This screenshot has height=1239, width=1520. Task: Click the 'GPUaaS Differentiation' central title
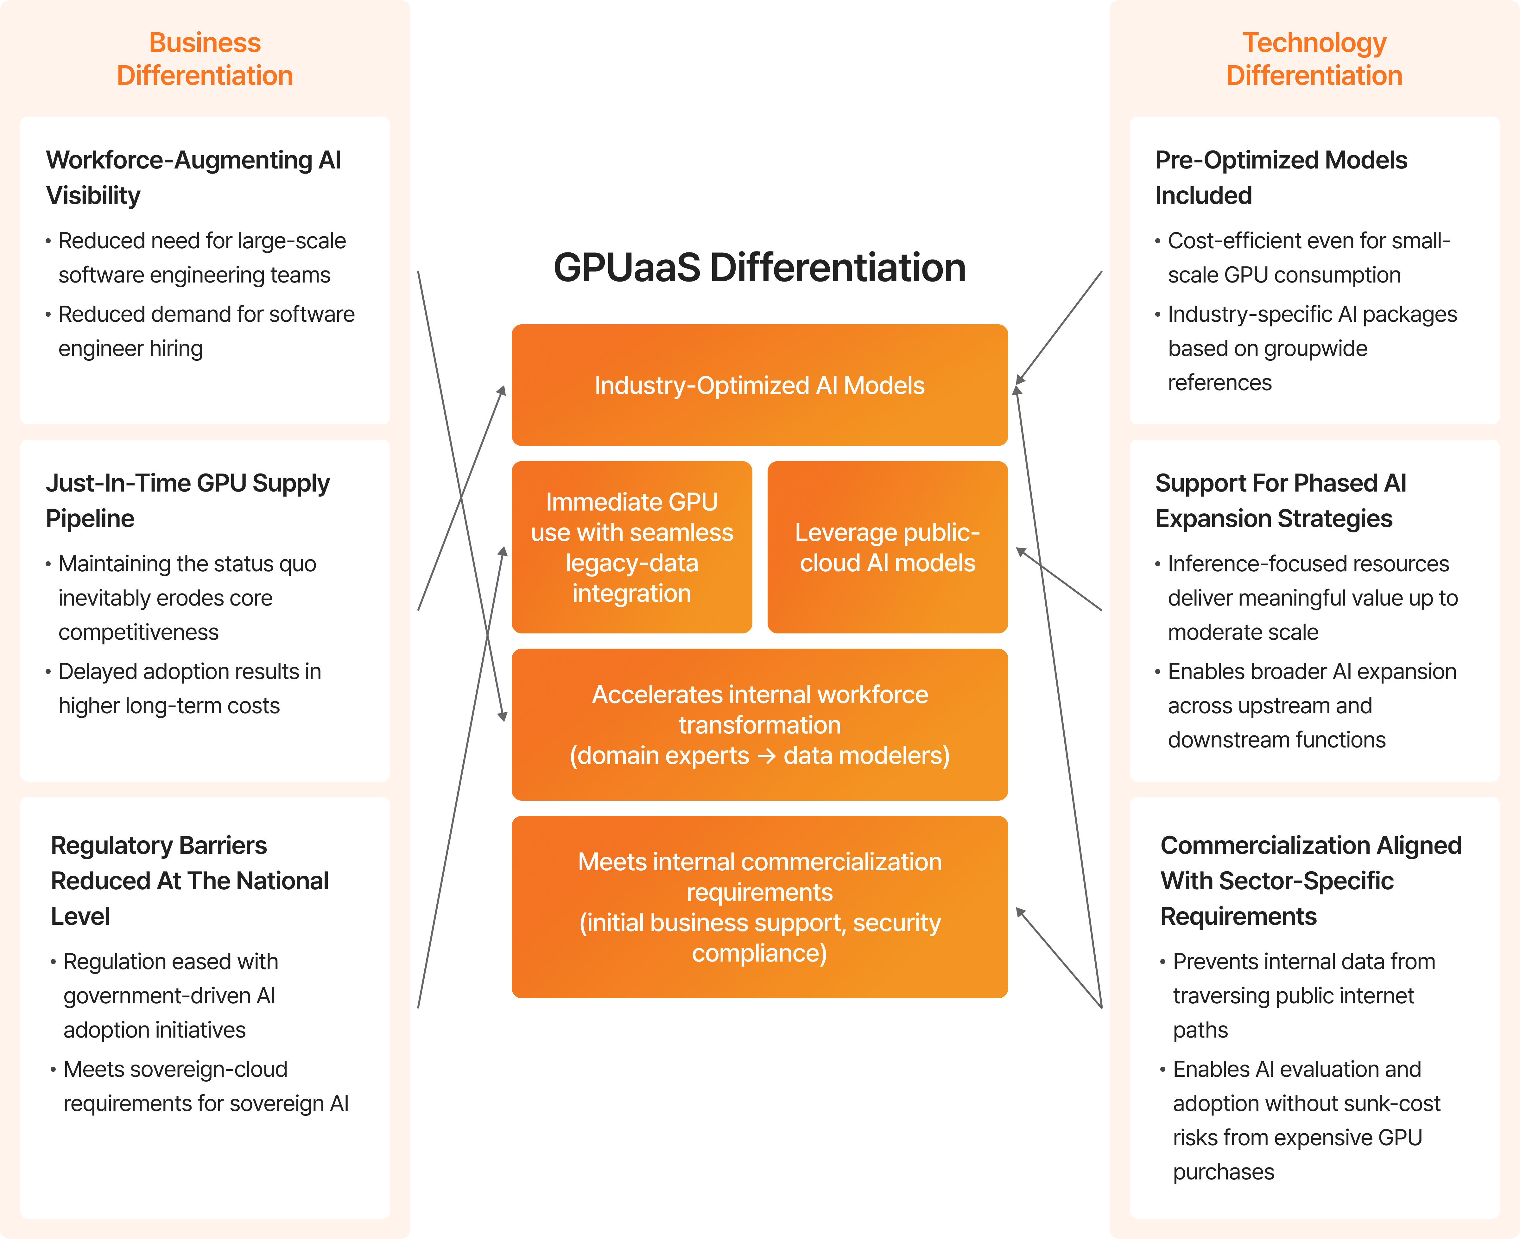click(x=759, y=268)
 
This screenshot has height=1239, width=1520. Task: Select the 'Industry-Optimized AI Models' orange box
click(x=759, y=385)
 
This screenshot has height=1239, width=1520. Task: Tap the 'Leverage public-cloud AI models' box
click(x=887, y=547)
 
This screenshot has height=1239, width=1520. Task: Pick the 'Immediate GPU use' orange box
click(x=631, y=547)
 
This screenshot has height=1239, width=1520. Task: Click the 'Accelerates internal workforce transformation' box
click(x=759, y=724)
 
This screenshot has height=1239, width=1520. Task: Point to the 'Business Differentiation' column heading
click(x=205, y=59)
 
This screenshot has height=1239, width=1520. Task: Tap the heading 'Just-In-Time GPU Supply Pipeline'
click(x=188, y=500)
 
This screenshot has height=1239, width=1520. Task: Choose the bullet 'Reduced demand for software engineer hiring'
click(x=206, y=331)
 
